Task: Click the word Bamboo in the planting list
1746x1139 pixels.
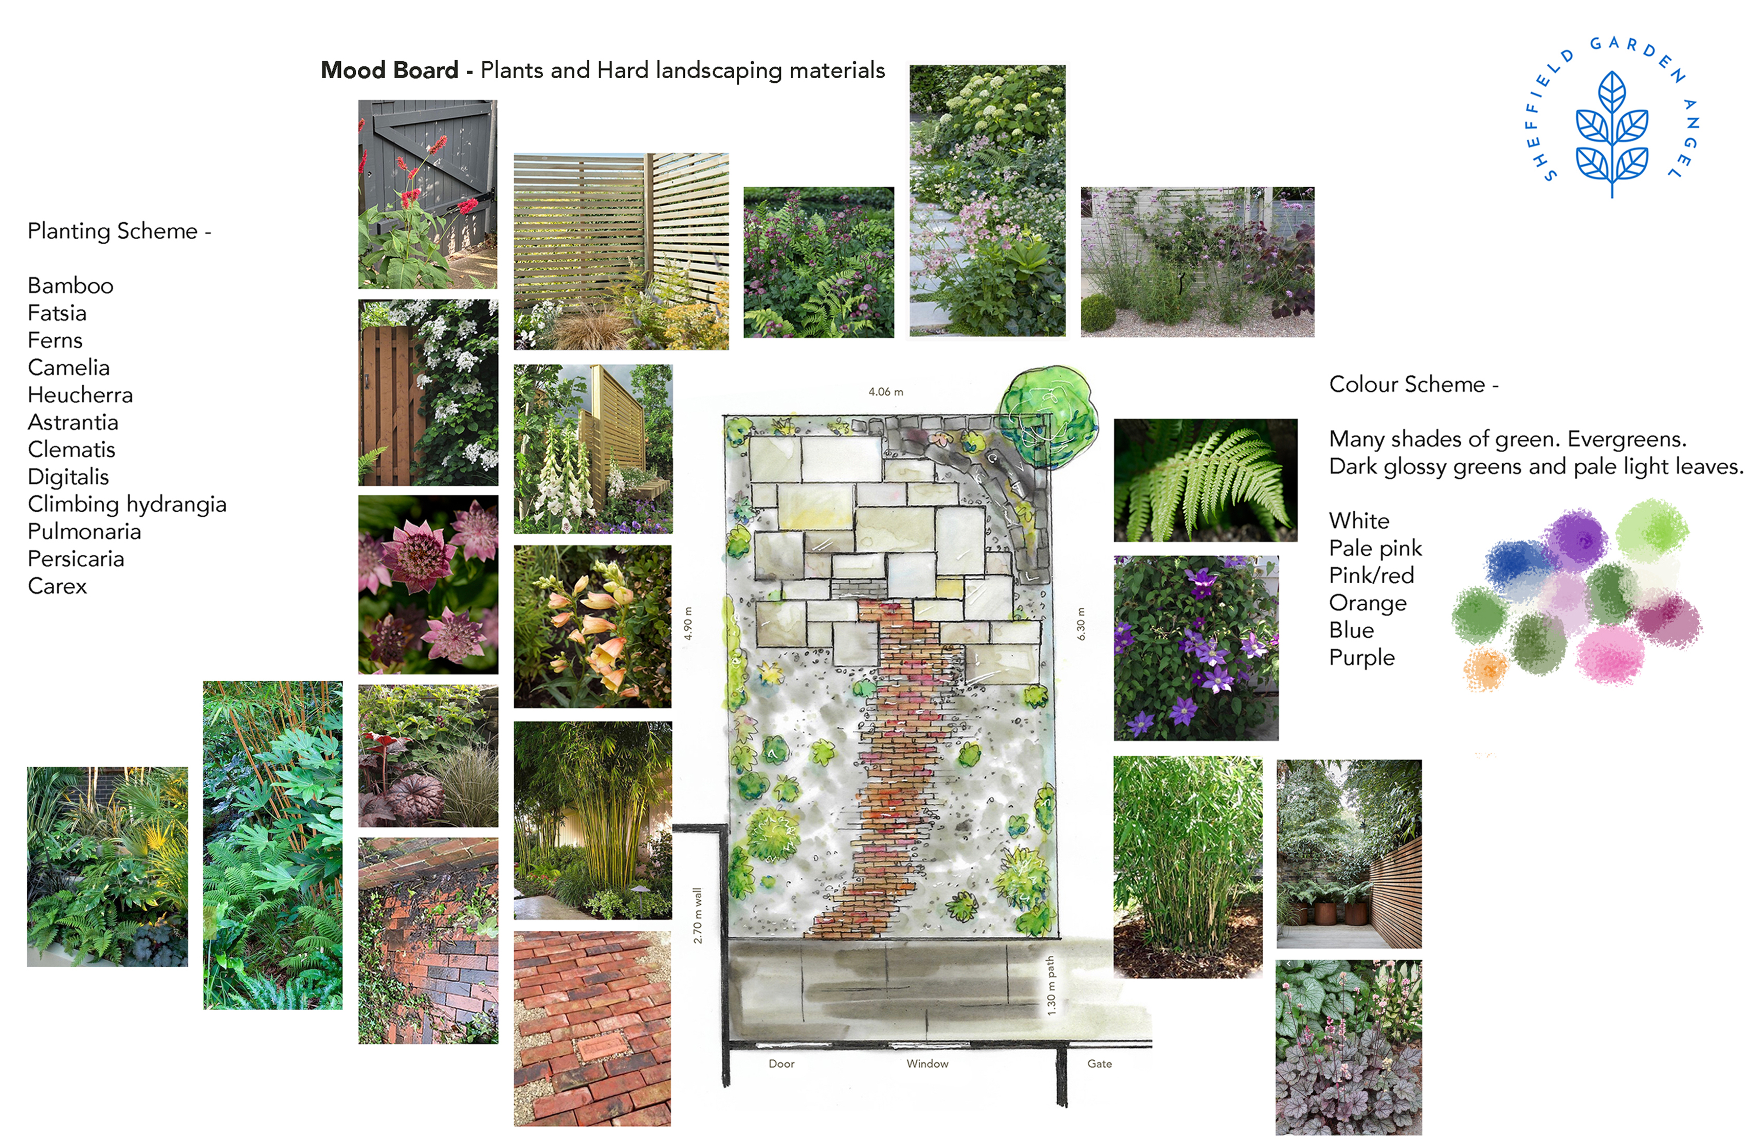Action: [x=70, y=285]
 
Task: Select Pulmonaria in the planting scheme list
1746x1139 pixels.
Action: [x=84, y=531]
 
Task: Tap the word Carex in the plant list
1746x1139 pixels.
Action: [x=57, y=586]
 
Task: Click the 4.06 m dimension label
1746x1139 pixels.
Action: [x=885, y=392]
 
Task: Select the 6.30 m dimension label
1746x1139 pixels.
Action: [x=1081, y=623]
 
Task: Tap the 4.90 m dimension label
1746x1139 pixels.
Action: [x=687, y=623]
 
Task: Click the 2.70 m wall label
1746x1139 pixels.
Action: [x=697, y=915]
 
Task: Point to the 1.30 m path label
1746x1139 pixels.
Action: [x=1050, y=985]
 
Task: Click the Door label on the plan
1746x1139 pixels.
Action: [x=781, y=1063]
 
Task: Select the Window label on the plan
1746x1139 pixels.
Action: [x=927, y=1063]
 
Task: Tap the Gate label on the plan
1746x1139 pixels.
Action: [x=1099, y=1063]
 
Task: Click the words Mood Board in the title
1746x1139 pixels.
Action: [x=390, y=70]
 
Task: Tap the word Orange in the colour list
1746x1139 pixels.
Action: [x=1368, y=603]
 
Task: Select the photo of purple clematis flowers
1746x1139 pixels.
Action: [x=1196, y=648]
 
